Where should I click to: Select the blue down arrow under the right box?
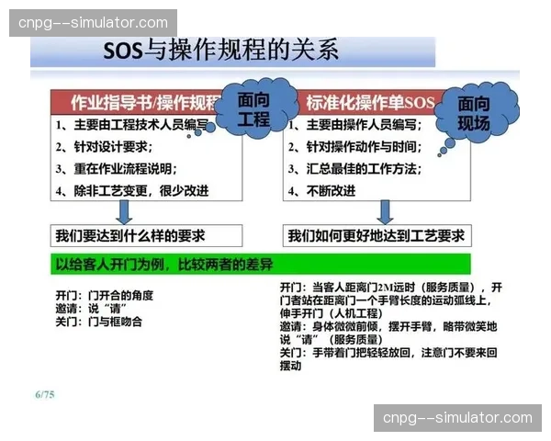(386, 211)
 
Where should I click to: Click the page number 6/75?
(44, 395)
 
